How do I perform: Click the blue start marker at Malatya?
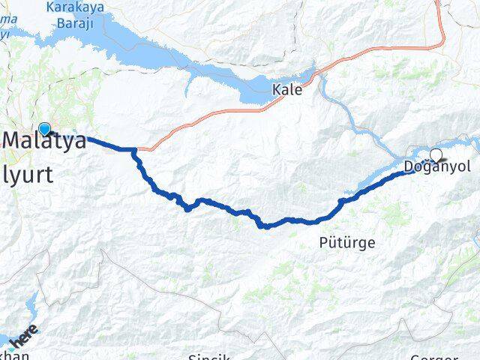[44, 128]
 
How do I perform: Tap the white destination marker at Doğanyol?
[436, 155]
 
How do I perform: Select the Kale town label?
[288, 89]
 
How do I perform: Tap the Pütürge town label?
[346, 243]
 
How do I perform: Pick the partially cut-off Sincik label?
[208, 355]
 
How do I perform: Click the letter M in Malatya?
[16, 139]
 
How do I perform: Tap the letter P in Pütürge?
[322, 243]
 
